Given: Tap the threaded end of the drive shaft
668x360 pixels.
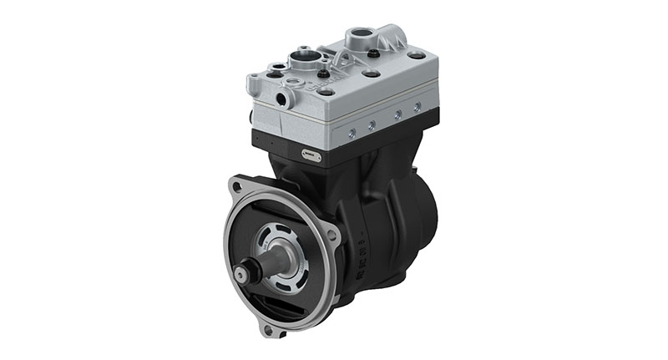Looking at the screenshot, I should coord(244,271).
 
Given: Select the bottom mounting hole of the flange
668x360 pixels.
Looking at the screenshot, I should coord(268,331).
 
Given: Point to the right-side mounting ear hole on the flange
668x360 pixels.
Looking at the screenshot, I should coord(333,235).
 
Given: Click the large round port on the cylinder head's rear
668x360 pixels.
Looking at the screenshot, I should coord(361,36).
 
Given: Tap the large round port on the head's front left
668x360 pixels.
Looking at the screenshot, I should coord(302,59).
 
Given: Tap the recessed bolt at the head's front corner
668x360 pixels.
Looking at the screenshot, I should coord(325,91).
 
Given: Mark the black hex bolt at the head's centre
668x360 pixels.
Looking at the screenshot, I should coord(345,72).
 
